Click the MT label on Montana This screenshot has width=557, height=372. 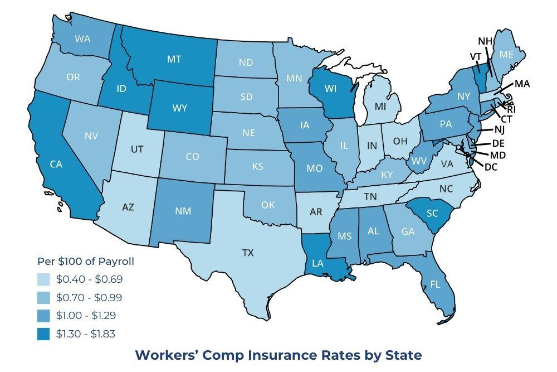174,59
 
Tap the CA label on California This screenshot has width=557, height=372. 56,164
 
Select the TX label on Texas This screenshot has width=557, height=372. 248,253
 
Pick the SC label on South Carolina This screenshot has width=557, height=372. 432,214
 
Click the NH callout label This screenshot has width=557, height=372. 485,41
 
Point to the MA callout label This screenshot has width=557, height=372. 522,84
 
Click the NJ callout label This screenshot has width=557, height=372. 499,129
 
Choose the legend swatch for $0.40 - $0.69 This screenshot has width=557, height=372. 45,279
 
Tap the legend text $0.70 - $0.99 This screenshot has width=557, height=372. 89,297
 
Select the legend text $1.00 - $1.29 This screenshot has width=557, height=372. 89,316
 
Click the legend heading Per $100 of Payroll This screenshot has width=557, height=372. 85,261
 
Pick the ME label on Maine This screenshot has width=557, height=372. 506,54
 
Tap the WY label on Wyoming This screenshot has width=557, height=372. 179,108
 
